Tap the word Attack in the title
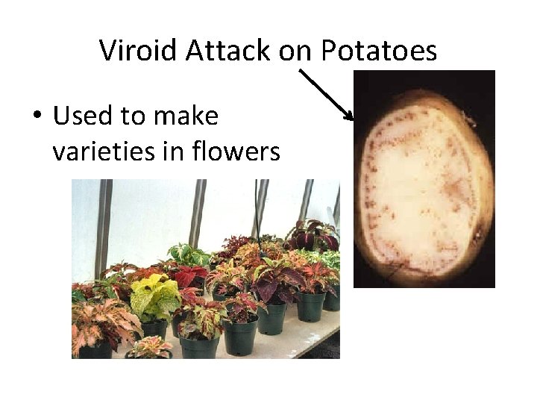pyautogui.click(x=229, y=51)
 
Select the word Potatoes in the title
pyautogui.click(x=379, y=51)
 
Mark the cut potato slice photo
pyautogui.click(x=424, y=179)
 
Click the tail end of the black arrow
pyautogui.click(x=300, y=71)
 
